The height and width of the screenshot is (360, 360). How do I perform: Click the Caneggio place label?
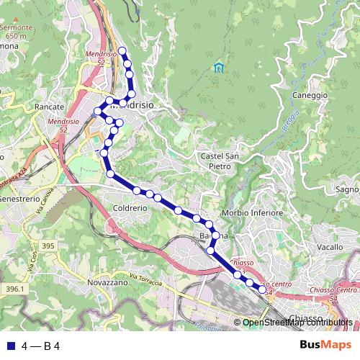click(311, 95)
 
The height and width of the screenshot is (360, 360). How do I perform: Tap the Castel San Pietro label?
click(220, 161)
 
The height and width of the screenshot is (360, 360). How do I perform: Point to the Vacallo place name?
click(330, 247)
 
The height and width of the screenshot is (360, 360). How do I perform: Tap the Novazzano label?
click(107, 282)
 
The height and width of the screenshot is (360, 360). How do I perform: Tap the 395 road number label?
click(48, 246)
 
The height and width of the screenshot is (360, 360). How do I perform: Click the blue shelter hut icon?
click(218, 68)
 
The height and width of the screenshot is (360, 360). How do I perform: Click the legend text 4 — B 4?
click(40, 346)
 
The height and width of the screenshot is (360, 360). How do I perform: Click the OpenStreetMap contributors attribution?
click(297, 323)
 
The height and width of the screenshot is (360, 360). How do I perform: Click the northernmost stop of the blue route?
click(122, 50)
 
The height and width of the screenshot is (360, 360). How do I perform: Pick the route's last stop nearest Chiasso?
click(262, 290)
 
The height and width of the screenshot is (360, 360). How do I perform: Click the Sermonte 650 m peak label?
click(17, 28)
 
